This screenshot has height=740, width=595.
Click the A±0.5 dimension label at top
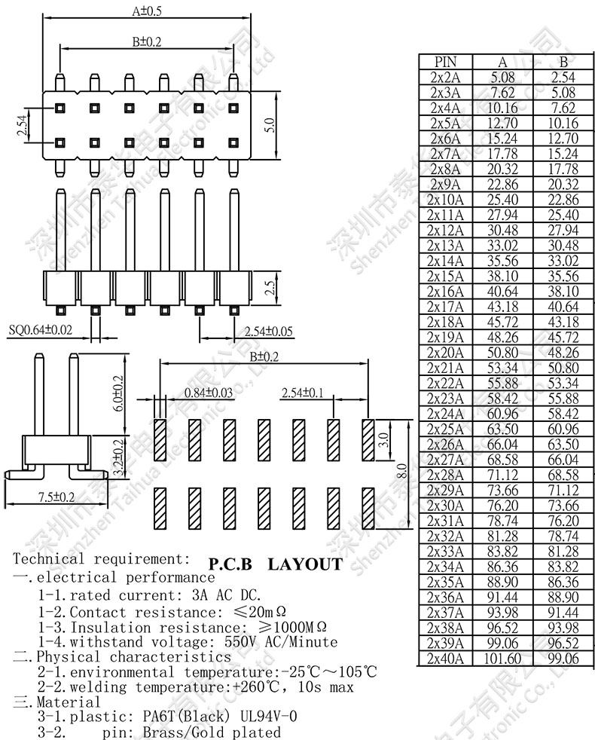click(x=148, y=11)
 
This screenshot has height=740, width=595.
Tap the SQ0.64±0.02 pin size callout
click(x=41, y=330)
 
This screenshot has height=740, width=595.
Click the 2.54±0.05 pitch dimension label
click(x=258, y=331)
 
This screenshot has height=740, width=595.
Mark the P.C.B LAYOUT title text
click(x=275, y=564)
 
